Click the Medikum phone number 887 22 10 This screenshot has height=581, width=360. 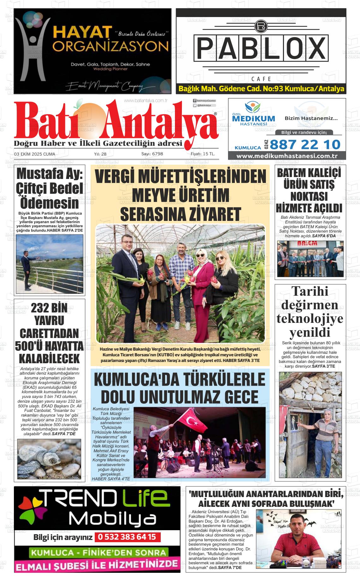(305, 145)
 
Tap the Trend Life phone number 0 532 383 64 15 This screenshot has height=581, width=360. (127, 537)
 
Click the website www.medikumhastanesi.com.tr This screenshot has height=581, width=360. (287, 156)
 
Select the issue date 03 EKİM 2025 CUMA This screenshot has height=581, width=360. (34, 154)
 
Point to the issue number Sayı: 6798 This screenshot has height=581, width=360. (152, 154)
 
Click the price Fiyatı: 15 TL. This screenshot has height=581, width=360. (203, 154)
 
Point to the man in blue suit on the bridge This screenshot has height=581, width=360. (25, 262)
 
